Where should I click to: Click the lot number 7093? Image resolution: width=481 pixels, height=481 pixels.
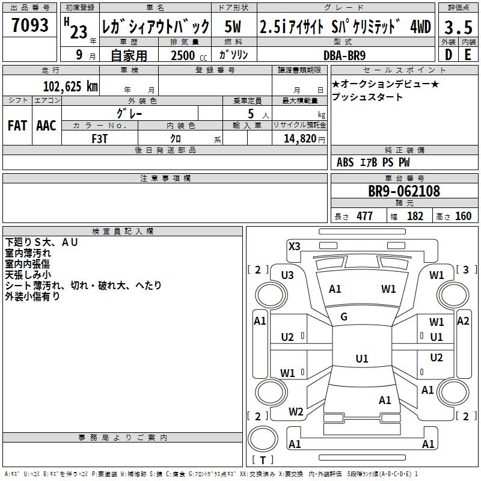(x=29, y=25)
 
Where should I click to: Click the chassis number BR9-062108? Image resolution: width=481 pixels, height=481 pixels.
(x=404, y=191)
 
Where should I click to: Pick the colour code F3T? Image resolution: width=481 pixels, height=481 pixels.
(x=100, y=138)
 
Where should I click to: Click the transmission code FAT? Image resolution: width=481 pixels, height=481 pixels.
(x=17, y=125)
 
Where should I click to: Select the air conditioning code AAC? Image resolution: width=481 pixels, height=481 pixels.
(x=46, y=125)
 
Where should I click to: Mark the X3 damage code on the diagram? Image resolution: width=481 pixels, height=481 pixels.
(x=294, y=246)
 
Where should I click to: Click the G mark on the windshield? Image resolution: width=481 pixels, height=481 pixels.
(x=344, y=317)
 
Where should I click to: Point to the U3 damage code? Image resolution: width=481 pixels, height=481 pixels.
(x=287, y=275)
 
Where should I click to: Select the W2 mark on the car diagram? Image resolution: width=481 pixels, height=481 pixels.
(x=296, y=412)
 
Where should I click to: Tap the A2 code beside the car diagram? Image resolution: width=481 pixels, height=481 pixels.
(x=463, y=320)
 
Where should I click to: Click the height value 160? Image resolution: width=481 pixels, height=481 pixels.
(x=463, y=216)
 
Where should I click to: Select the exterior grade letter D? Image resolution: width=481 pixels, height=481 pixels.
(x=449, y=54)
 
